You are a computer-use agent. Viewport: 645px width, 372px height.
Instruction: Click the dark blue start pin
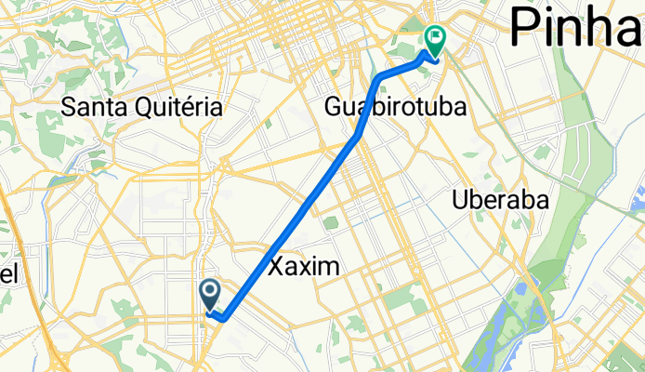pyautogui.click(x=210, y=296)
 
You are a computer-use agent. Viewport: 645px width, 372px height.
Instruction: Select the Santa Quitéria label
pyautogui.click(x=142, y=107)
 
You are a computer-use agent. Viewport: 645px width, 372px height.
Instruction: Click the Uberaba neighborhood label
pyautogui.click(x=499, y=199)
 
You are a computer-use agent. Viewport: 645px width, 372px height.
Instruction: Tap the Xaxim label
pyautogui.click(x=304, y=267)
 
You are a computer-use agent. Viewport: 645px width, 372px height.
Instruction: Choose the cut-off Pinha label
pyautogui.click(x=576, y=26)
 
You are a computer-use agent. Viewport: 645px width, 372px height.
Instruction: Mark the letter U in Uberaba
pyautogui.click(x=459, y=199)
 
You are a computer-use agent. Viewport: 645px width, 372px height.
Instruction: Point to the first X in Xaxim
pyautogui.click(x=277, y=267)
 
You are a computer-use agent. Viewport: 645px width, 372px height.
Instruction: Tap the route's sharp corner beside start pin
pyautogui.click(x=224, y=319)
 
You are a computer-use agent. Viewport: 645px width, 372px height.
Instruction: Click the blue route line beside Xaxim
pyautogui.click(x=279, y=241)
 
